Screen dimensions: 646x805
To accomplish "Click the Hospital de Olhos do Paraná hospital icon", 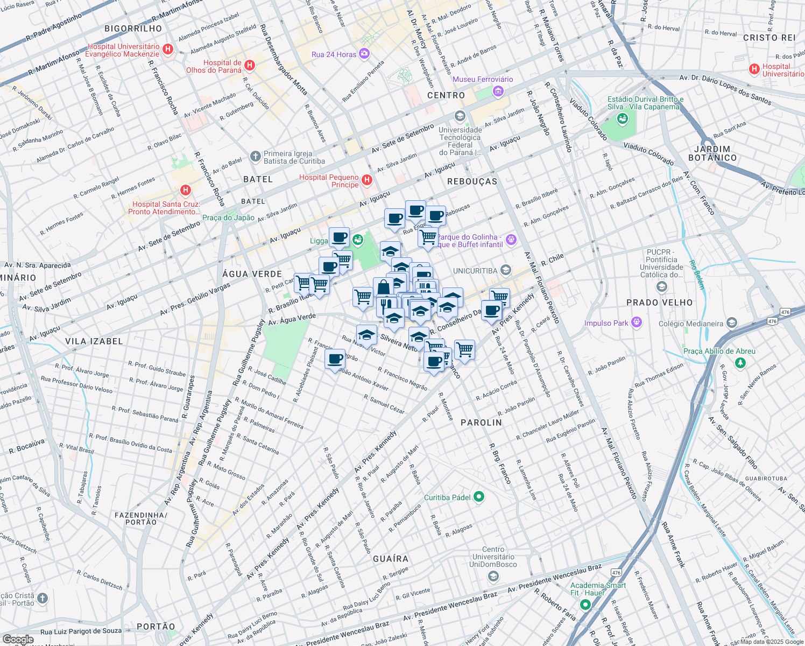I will (249, 65).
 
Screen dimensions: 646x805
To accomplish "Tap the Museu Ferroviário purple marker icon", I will (498, 92).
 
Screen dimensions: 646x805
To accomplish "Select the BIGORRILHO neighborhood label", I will (133, 29).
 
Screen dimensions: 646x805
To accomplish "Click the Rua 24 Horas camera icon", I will (364, 54).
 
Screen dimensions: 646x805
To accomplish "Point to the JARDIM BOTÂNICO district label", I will (712, 153).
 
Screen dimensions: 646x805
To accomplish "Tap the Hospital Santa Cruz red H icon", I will (186, 190).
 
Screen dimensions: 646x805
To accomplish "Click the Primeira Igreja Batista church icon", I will (256, 157).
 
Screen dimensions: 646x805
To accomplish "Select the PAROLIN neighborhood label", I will (481, 423).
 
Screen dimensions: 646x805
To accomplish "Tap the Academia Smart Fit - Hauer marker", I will (585, 605).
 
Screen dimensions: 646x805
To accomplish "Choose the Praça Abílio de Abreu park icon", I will (740, 363).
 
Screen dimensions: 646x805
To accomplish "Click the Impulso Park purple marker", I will (637, 322).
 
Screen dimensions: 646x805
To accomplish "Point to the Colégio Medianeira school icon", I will (731, 323).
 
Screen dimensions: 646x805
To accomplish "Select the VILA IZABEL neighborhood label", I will (94, 341).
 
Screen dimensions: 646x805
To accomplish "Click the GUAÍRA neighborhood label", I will (391, 559).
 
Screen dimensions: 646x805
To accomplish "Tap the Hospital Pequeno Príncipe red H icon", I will (367, 180).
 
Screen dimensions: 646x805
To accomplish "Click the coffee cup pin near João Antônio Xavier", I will (335, 359).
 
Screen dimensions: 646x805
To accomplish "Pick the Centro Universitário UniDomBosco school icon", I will (493, 577).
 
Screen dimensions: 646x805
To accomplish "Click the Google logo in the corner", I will (18, 640).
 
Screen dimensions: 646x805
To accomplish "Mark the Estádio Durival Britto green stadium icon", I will (623, 118).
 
